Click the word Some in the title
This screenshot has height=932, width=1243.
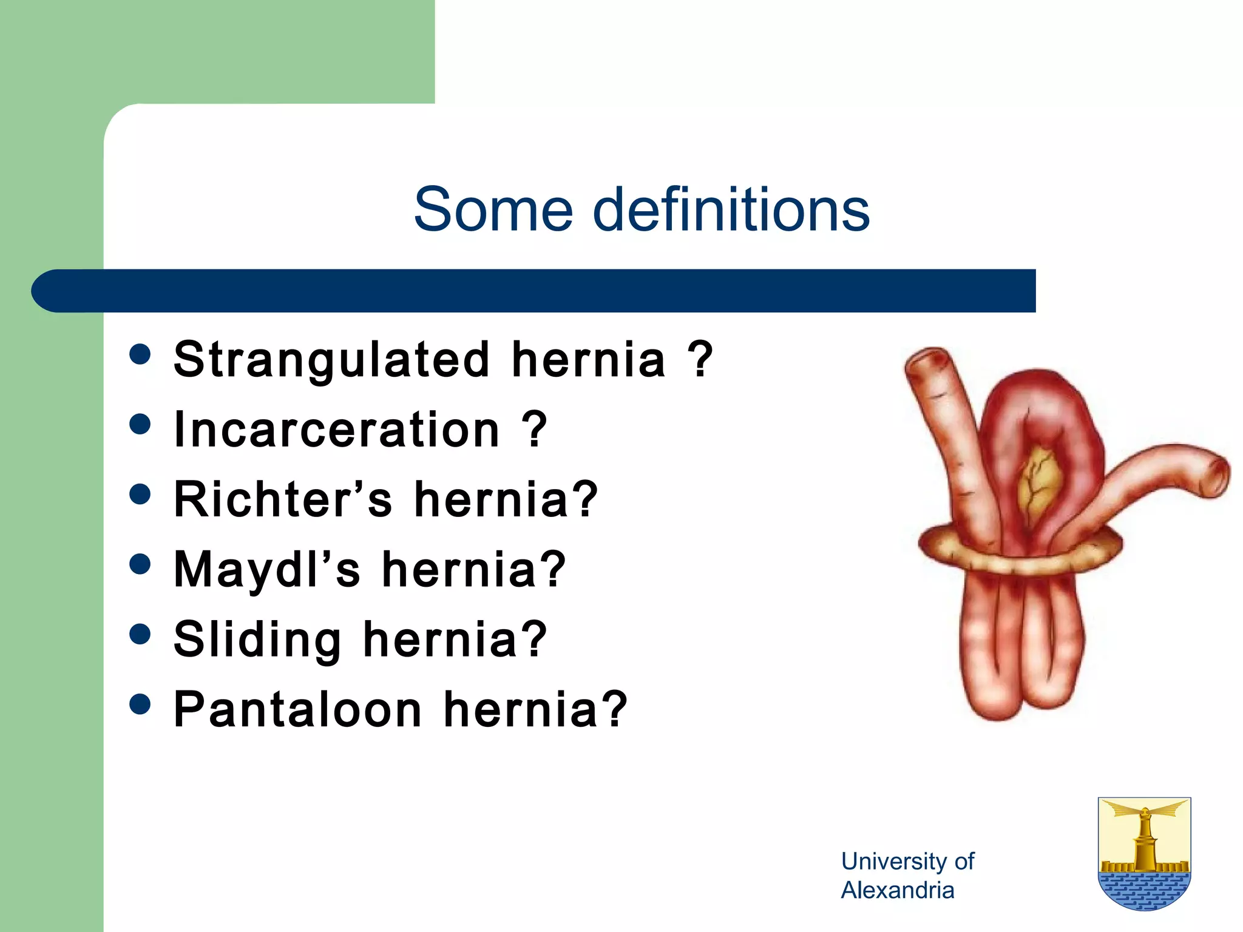click(493, 209)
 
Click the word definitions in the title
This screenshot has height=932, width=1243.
click(731, 209)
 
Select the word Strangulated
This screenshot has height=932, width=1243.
click(331, 360)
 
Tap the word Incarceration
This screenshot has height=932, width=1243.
click(337, 430)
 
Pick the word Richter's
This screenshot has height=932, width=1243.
click(283, 499)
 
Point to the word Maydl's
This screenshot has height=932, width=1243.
click(266, 570)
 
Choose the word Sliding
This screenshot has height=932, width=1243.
click(258, 640)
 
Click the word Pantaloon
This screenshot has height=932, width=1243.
click(297, 709)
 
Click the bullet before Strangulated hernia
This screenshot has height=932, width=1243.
click(140, 354)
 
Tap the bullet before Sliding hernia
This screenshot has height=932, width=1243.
click(140, 634)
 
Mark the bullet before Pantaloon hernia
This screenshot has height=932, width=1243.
click(140, 704)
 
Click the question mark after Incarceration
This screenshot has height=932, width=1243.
click(534, 430)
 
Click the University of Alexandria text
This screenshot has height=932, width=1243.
click(907, 876)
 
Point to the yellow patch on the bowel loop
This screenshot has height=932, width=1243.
click(1040, 479)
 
